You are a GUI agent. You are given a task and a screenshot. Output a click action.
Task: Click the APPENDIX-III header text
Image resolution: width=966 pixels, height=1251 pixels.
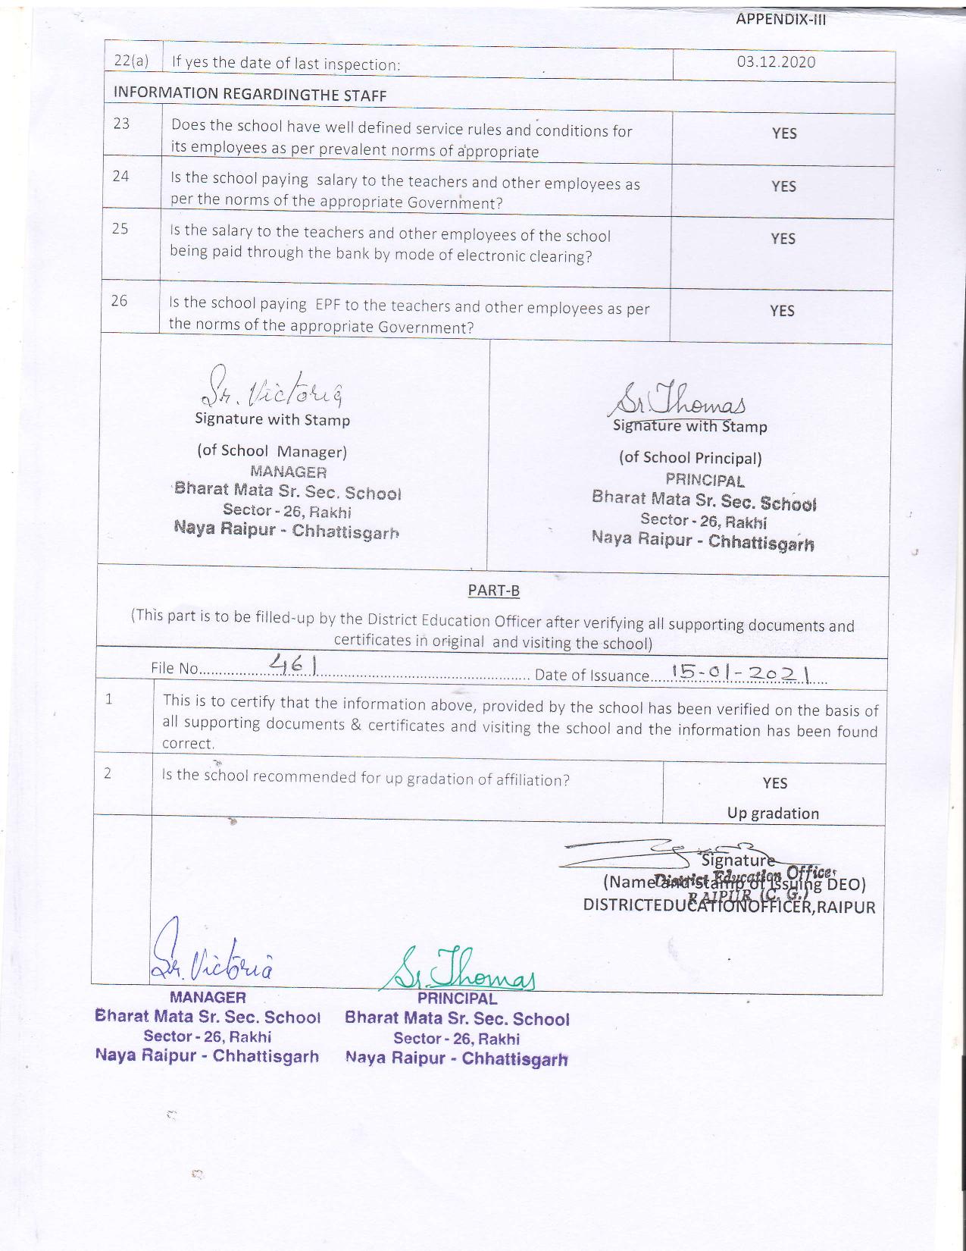pos(780,20)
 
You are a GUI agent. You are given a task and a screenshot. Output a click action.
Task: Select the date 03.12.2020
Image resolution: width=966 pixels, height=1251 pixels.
pos(776,62)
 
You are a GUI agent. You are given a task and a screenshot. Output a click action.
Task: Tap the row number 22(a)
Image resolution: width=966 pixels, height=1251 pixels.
pos(130,61)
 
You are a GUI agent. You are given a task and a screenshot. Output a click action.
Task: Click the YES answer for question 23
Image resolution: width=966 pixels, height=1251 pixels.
pos(784,133)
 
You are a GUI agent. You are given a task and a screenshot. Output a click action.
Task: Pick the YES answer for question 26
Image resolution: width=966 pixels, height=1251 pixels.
pos(782,311)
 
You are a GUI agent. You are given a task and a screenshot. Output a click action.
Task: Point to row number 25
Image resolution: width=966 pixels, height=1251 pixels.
pos(120,229)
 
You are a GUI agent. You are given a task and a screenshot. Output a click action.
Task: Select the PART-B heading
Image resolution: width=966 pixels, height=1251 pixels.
pos(493,591)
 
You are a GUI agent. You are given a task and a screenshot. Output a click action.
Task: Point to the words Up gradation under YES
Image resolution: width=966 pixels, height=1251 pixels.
pos(773,814)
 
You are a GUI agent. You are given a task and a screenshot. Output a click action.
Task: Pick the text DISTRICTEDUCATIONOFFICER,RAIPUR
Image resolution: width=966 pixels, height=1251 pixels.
pos(729,907)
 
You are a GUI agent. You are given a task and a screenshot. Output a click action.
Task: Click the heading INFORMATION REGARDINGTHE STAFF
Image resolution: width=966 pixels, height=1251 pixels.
pos(250,95)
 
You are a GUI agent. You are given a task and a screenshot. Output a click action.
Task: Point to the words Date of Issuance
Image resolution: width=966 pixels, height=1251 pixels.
pos(592,676)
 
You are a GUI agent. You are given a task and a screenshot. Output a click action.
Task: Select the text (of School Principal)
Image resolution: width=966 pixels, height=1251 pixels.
pos(690,458)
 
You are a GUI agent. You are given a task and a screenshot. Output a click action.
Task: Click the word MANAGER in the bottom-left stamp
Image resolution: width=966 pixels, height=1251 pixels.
pos(208,998)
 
